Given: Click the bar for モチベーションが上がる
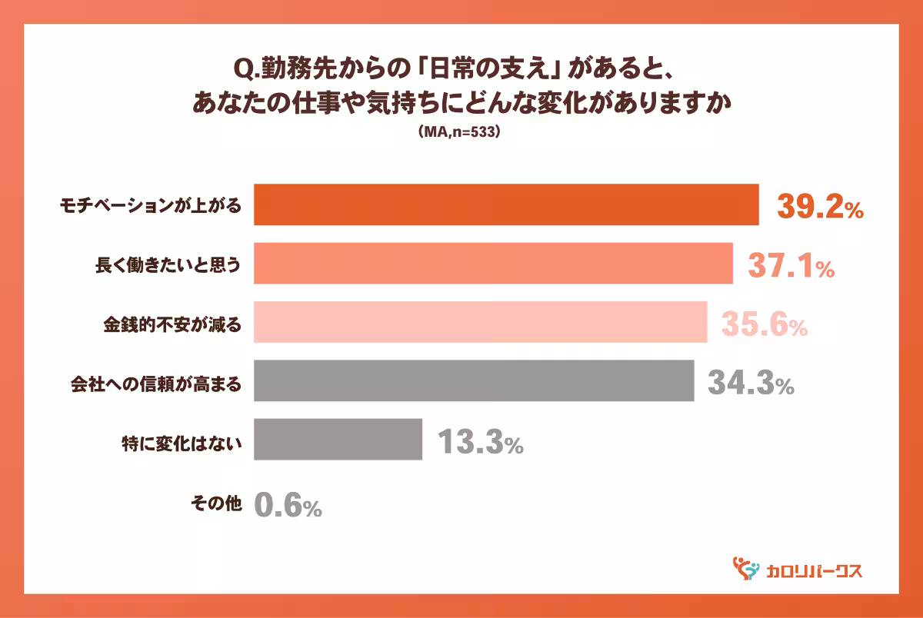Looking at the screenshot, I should [505, 205].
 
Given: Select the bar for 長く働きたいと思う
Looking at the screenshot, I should [492, 264].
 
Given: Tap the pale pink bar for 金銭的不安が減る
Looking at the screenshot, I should [480, 322].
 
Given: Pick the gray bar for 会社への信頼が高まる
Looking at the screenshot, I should [473, 380].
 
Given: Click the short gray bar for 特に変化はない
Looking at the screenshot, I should [338, 439].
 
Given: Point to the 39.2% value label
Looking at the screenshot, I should [819, 207].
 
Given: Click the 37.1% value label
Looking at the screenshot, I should [791, 266].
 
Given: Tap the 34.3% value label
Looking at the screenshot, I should [750, 383].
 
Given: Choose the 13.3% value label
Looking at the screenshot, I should [480, 441].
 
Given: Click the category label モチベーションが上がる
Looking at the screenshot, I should [152, 206].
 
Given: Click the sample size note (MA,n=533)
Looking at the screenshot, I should [460, 132].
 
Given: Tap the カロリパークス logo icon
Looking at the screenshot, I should [745, 569].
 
